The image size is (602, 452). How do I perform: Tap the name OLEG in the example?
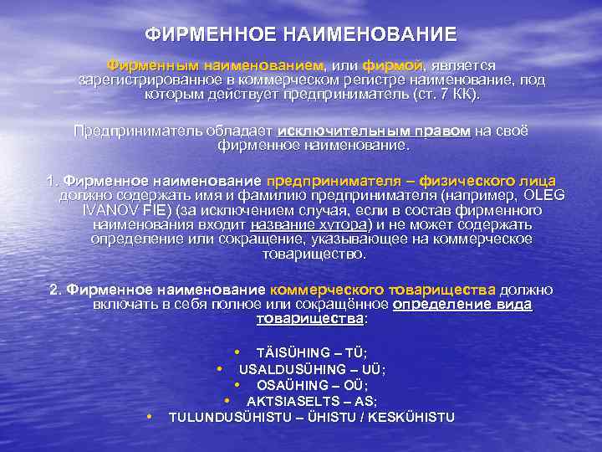click(x=547, y=195)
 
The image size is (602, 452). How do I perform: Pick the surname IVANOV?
click(x=106, y=210)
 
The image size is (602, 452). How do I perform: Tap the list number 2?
click(x=54, y=290)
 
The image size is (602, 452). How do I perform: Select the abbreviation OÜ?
click(x=358, y=385)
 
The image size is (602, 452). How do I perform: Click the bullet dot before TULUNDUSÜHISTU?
click(x=149, y=416)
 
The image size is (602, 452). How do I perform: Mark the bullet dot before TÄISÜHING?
click(x=237, y=352)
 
